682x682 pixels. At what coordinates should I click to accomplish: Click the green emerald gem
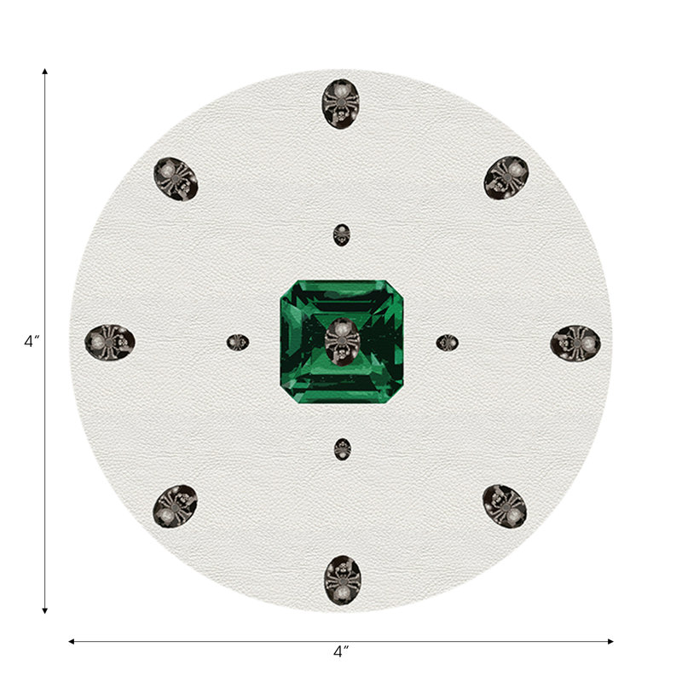pos(342,342)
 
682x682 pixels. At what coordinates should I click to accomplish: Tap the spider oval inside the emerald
pos(342,342)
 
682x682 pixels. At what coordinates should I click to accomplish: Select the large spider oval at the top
pos(341,103)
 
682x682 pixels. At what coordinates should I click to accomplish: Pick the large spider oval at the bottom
pos(343,580)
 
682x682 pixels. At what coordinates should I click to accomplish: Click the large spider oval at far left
pos(110,342)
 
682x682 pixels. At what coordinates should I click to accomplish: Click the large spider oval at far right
pos(575,343)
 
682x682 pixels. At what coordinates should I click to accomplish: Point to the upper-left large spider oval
pos(176,179)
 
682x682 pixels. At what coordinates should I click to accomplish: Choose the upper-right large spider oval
pos(506,178)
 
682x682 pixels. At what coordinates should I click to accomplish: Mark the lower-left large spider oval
pos(175,506)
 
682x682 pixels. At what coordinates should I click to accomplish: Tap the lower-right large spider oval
pos(505,506)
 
